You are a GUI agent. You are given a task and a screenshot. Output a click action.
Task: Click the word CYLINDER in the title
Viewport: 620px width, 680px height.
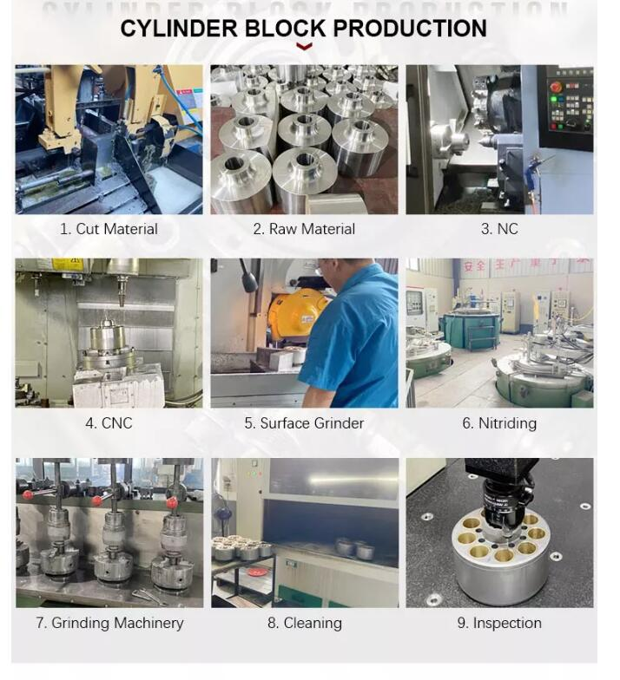[x=179, y=28]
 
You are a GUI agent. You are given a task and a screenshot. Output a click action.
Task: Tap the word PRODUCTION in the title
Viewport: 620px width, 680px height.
[x=410, y=28]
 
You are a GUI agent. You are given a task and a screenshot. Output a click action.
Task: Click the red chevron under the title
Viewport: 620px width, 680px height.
[x=304, y=46]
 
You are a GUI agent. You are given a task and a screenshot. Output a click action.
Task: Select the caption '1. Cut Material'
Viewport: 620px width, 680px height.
[x=109, y=229]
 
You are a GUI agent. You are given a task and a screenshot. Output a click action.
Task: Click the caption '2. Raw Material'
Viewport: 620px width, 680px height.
[x=304, y=229]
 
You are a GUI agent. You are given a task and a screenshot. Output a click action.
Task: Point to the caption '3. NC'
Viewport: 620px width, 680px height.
[x=499, y=229]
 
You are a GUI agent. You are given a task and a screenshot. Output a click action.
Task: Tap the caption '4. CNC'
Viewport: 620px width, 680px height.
[x=109, y=423]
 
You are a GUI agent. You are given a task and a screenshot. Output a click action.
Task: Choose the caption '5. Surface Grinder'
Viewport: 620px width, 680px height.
[x=304, y=423]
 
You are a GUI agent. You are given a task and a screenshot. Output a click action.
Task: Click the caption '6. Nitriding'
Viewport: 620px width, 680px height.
[x=499, y=423]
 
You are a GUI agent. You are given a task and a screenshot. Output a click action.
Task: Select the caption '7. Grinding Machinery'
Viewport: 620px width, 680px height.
[x=109, y=623]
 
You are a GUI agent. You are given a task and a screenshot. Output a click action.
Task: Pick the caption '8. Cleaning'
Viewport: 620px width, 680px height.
[x=304, y=623]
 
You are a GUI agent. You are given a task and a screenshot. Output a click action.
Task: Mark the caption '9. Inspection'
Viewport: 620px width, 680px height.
[x=499, y=623]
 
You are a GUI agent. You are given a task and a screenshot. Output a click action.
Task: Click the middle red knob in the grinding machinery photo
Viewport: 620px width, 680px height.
[x=97, y=500]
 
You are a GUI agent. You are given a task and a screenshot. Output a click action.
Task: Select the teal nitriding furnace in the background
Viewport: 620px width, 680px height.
[x=469, y=330]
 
